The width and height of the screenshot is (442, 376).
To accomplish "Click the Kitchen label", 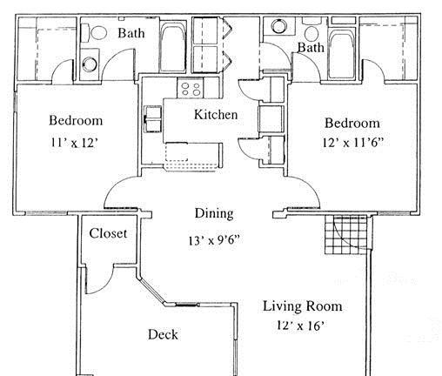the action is tap(216, 114).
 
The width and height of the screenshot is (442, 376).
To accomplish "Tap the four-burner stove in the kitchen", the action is tap(191, 89).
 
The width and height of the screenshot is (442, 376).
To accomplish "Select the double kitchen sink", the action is tap(153, 119).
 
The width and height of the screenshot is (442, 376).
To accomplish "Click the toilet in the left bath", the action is tap(94, 32).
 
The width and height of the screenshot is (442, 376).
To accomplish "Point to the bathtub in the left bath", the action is tap(172, 46).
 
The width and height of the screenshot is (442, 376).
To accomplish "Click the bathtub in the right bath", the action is tap(342, 53).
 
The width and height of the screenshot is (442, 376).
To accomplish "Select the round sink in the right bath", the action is tap(279, 26).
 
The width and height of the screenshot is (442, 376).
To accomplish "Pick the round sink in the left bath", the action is tap(90, 64).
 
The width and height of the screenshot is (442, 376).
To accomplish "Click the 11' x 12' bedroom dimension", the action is tap(74, 143).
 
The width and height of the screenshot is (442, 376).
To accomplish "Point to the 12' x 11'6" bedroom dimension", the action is tap(353, 142).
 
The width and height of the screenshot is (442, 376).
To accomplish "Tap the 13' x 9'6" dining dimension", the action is tap(214, 240).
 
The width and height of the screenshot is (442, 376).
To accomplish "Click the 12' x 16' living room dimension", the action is tap(300, 326).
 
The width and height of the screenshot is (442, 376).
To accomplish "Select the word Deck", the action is tap(163, 334).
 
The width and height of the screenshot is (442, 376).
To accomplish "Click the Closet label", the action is tap(108, 233).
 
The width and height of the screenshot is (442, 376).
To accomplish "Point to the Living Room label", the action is tap(302, 306).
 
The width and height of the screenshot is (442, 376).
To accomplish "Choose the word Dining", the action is tap(214, 213).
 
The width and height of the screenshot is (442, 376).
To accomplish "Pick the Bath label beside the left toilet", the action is tap(131, 33).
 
